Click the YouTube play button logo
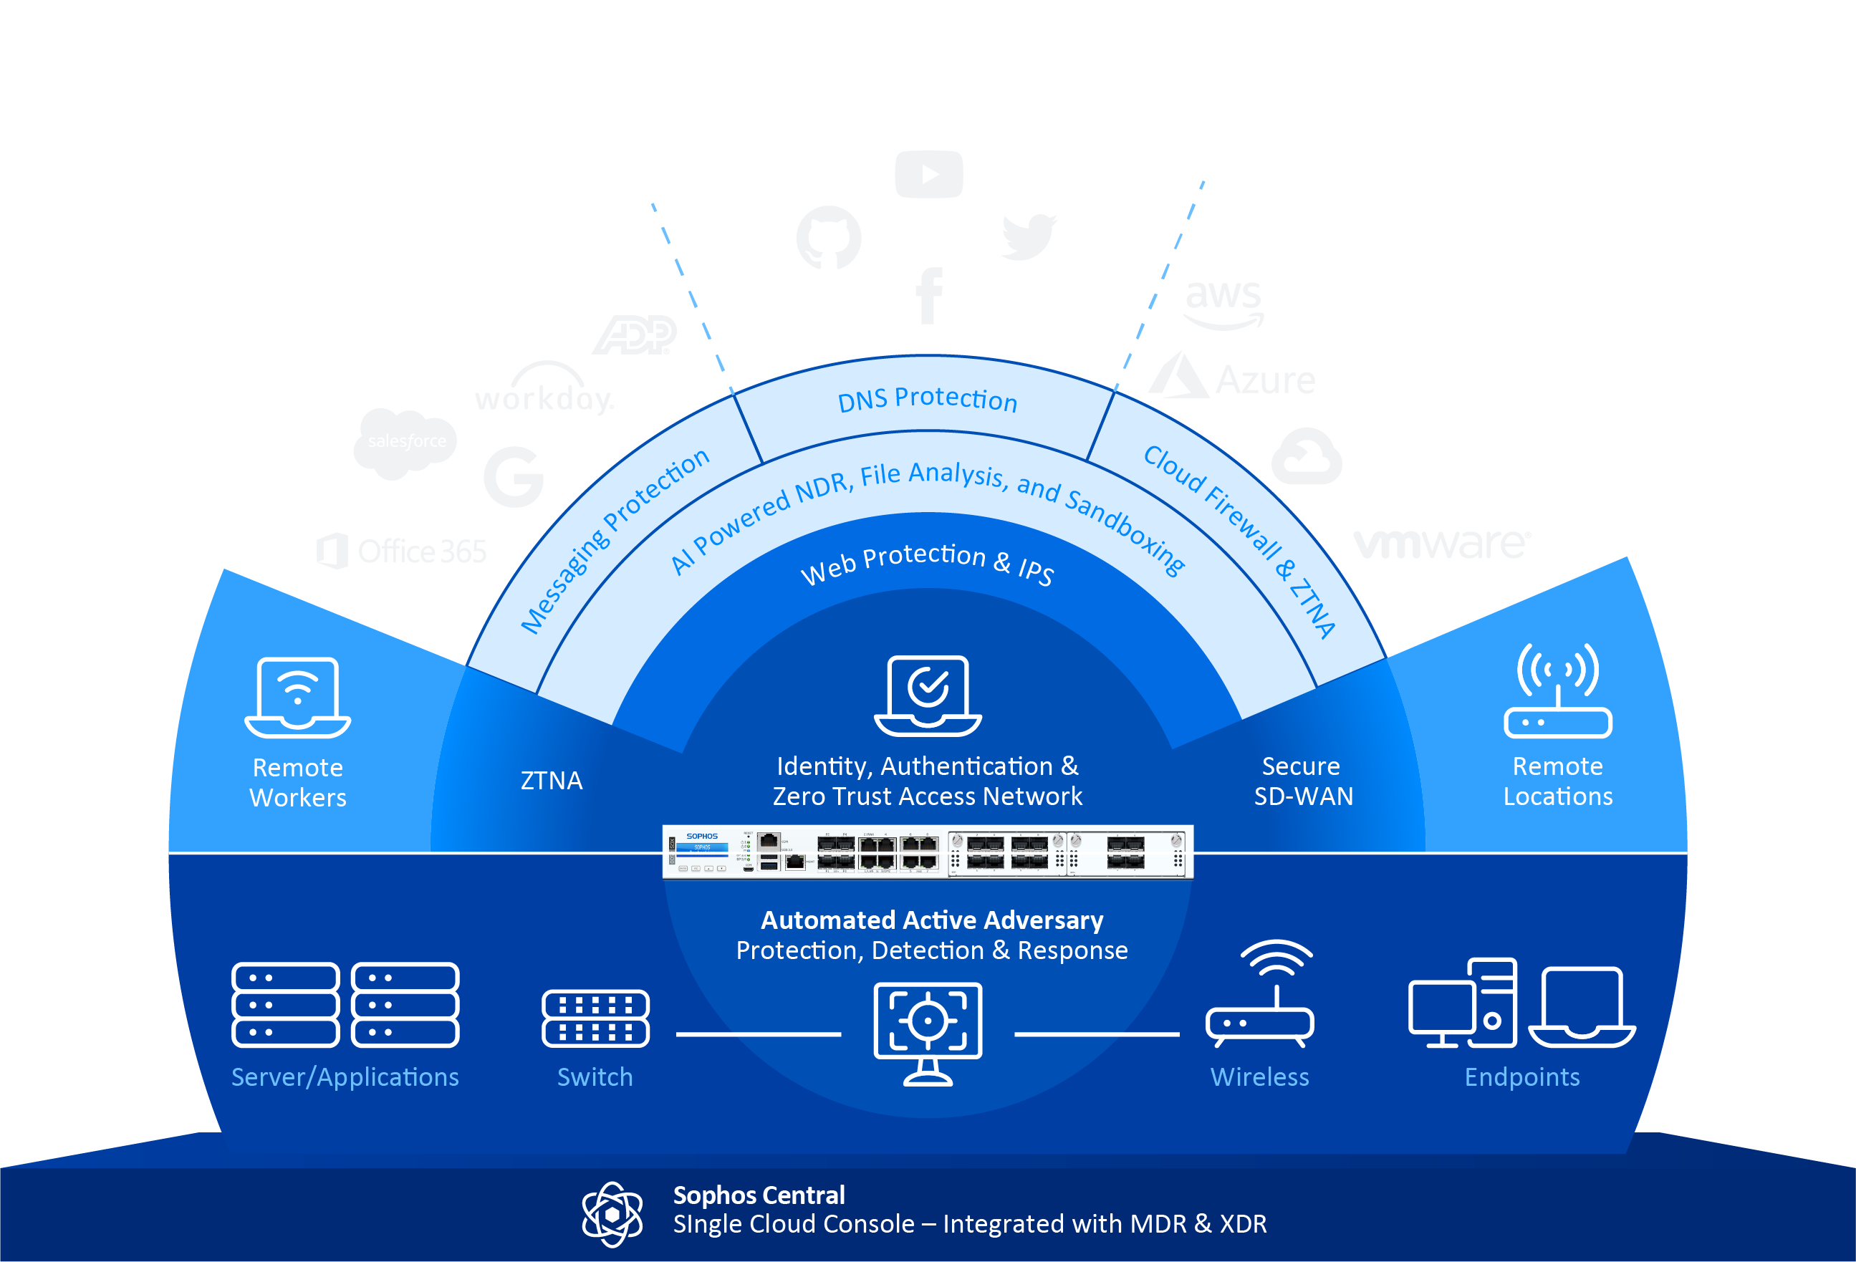pos(929,174)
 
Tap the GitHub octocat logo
pos(829,237)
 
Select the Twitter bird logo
pos(1029,236)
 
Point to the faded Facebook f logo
pos(929,296)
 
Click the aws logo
pos(1223,302)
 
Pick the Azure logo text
pos(1265,380)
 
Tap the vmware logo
pos(1441,543)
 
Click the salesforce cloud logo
pos(405,442)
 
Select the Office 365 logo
pos(402,551)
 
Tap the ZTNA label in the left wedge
pos(551,781)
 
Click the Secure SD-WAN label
pos(1302,781)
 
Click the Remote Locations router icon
pos(1557,691)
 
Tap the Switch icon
pos(595,1018)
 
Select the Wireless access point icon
pos(1260,994)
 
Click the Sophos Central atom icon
pos(612,1214)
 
